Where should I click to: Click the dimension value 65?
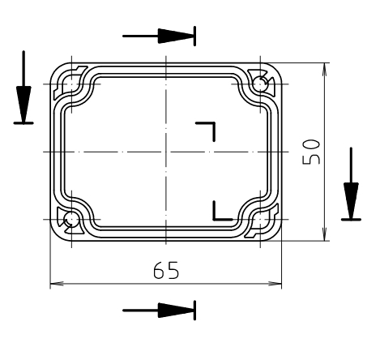click(x=167, y=270)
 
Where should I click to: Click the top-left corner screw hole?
click(x=71, y=83)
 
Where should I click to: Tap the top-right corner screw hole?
click(x=259, y=83)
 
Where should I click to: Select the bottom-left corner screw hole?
click(x=71, y=219)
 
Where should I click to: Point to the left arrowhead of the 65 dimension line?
click(x=57, y=285)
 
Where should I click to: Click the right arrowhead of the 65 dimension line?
click(x=275, y=285)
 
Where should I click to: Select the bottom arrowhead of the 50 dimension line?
click(x=326, y=234)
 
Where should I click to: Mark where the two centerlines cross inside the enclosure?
click(x=165, y=152)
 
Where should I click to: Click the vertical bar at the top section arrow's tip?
click(x=194, y=36)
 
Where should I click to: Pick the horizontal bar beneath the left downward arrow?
click(x=24, y=123)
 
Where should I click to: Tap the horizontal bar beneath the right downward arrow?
click(x=351, y=219)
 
